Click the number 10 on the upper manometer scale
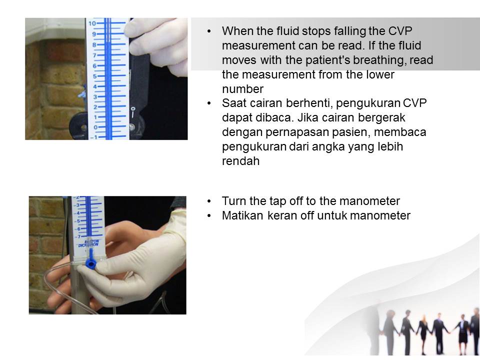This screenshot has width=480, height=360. point(92,23)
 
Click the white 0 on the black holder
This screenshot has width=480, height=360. point(132,108)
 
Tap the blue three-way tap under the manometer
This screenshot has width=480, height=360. point(90,262)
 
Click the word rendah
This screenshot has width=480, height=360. point(240,162)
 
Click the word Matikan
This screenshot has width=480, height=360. point(241,215)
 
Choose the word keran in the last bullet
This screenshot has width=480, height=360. point(281,215)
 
